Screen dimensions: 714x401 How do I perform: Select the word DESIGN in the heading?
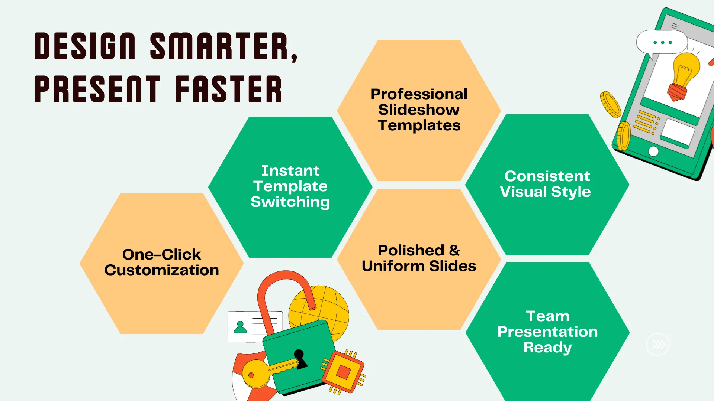tap(85, 46)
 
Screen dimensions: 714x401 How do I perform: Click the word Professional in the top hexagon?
tap(419, 94)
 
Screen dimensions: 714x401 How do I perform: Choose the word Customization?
tap(162, 270)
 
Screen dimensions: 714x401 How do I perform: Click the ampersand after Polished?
tap(454, 250)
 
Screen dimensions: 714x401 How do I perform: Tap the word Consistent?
tap(547, 176)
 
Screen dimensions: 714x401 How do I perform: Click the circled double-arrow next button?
tap(658, 344)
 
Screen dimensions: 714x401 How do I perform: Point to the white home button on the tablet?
tap(653, 151)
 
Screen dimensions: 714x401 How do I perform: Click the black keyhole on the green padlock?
tap(300, 359)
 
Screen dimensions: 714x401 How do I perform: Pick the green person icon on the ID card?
tap(240, 327)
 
